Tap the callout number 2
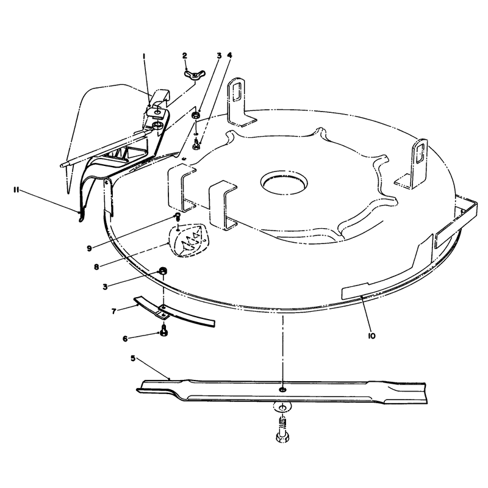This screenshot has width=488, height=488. [x=185, y=56]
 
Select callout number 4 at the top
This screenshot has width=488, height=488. [x=230, y=56]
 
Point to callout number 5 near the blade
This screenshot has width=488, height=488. [x=133, y=359]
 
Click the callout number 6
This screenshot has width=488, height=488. [x=125, y=339]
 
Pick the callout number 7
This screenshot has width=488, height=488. [x=114, y=311]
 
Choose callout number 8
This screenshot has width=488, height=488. [x=96, y=267]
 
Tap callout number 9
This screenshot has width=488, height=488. [x=89, y=248]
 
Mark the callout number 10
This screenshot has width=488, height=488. [x=371, y=336]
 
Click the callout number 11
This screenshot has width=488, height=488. [x=16, y=190]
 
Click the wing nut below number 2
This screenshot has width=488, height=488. [x=193, y=74]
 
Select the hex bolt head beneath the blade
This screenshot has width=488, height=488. [x=282, y=436]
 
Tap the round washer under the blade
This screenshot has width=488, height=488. [x=282, y=407]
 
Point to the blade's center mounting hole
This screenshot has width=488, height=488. [x=282, y=389]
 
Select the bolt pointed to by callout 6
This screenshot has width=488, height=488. [x=163, y=330]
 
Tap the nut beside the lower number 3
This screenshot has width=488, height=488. [x=163, y=270]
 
